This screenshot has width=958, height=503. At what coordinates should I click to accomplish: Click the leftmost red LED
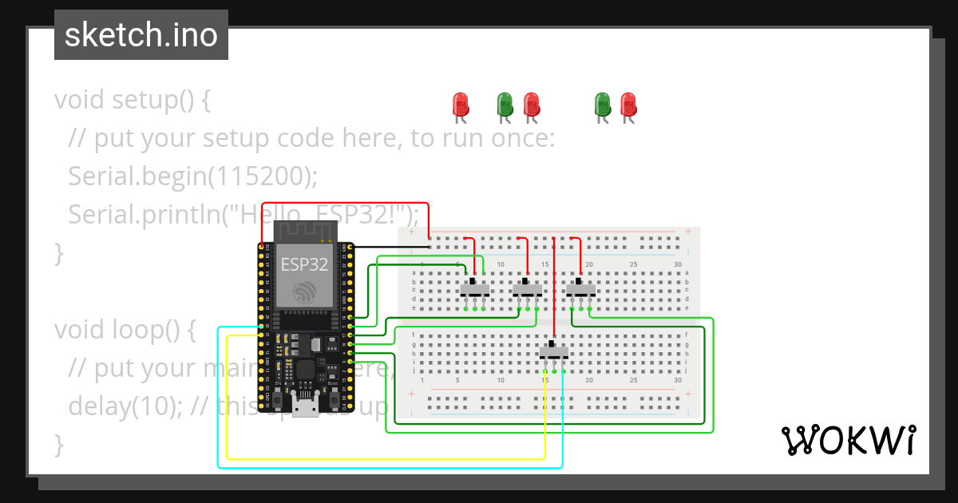[460, 105]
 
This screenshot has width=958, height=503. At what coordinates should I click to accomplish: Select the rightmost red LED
[628, 105]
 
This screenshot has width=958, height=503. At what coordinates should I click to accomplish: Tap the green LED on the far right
[603, 105]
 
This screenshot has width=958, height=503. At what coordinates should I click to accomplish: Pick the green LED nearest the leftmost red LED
[505, 105]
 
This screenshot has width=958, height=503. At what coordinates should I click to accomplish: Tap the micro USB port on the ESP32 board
[303, 409]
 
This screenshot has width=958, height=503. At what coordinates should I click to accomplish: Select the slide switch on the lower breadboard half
[553, 351]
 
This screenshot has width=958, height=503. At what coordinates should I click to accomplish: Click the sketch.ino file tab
[141, 35]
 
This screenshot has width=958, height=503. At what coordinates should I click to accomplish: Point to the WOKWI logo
[848, 440]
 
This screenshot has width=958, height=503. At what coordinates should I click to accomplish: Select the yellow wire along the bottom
[383, 459]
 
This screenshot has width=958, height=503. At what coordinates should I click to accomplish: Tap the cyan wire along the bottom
[383, 468]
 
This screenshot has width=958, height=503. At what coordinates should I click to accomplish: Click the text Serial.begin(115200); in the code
[192, 176]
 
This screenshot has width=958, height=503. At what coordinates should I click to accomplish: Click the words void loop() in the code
[125, 330]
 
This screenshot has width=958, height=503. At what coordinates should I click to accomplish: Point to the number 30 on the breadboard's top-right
[678, 264]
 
